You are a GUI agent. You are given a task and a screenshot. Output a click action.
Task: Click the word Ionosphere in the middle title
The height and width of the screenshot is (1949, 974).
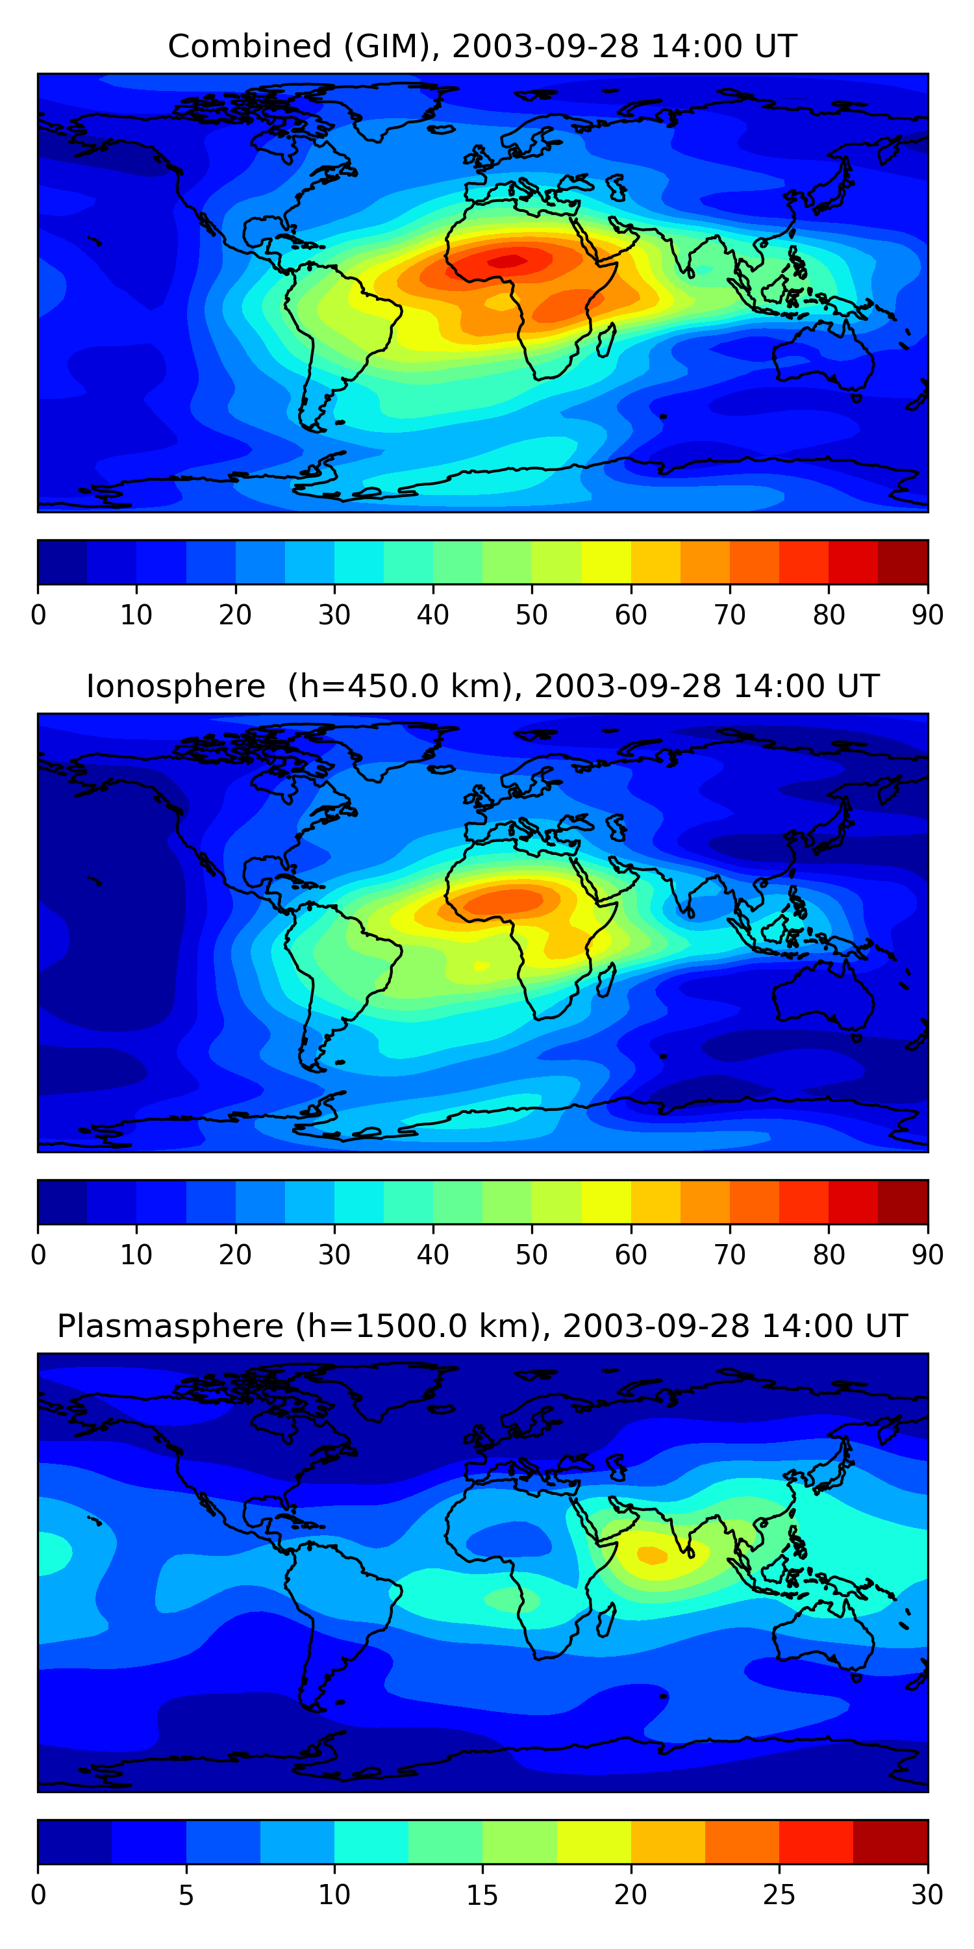tap(175, 686)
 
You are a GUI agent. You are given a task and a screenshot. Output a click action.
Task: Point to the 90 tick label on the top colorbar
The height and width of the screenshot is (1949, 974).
tap(927, 615)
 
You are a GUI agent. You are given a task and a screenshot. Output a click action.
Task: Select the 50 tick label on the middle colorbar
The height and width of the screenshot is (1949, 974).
tap(532, 1255)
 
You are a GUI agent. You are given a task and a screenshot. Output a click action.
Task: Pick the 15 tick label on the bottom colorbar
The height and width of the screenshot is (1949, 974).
tap(482, 1894)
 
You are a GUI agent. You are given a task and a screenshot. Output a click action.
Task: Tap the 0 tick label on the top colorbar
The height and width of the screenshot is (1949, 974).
tap(38, 615)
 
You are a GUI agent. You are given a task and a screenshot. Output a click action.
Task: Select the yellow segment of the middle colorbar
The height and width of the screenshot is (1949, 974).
tap(606, 1201)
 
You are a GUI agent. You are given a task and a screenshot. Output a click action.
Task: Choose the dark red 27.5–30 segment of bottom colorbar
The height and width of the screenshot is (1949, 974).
tap(890, 1842)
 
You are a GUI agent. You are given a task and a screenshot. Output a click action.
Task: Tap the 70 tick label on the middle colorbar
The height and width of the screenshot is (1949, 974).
tap(730, 1255)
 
